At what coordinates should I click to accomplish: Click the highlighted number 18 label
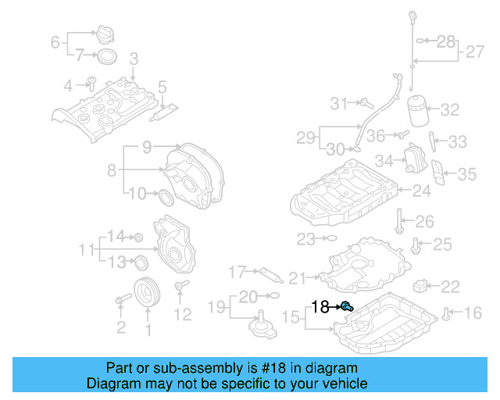320,307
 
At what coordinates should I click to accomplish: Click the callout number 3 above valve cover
134,58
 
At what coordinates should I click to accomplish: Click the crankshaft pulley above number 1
146,293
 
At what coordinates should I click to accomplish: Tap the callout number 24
422,191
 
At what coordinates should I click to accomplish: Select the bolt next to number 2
123,299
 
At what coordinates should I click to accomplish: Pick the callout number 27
475,52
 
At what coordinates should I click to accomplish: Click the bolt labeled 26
400,222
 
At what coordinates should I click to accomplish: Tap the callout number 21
298,277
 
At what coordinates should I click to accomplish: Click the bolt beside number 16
445,314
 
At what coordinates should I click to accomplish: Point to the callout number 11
86,250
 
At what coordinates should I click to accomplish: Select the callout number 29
305,138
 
